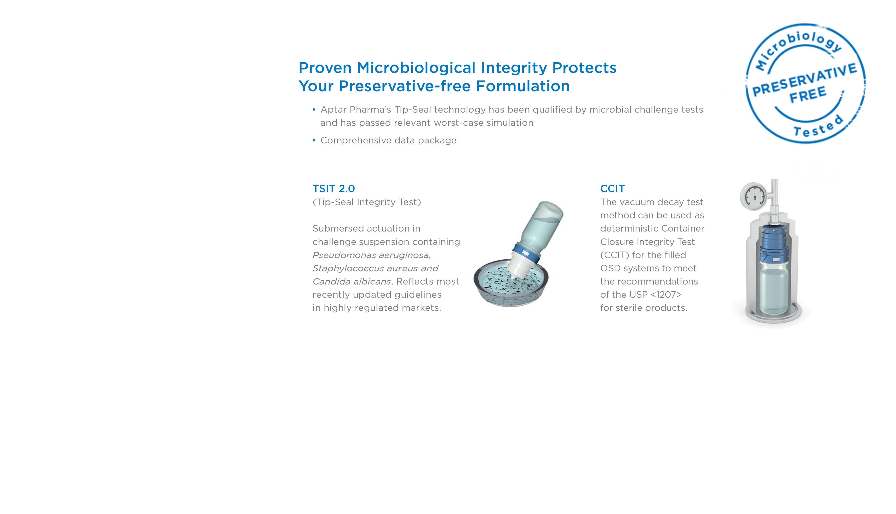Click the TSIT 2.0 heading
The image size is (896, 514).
334,188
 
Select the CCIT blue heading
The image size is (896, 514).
612,188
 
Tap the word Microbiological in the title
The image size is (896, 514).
416,68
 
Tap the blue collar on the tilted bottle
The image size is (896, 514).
526,253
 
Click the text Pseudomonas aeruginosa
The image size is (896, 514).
371,255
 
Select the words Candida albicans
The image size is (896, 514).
351,281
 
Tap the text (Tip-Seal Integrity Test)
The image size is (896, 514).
367,202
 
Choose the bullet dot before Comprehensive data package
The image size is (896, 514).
314,141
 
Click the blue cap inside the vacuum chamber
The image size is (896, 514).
773,244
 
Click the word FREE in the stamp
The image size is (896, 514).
808,95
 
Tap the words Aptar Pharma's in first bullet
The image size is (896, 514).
355,110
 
